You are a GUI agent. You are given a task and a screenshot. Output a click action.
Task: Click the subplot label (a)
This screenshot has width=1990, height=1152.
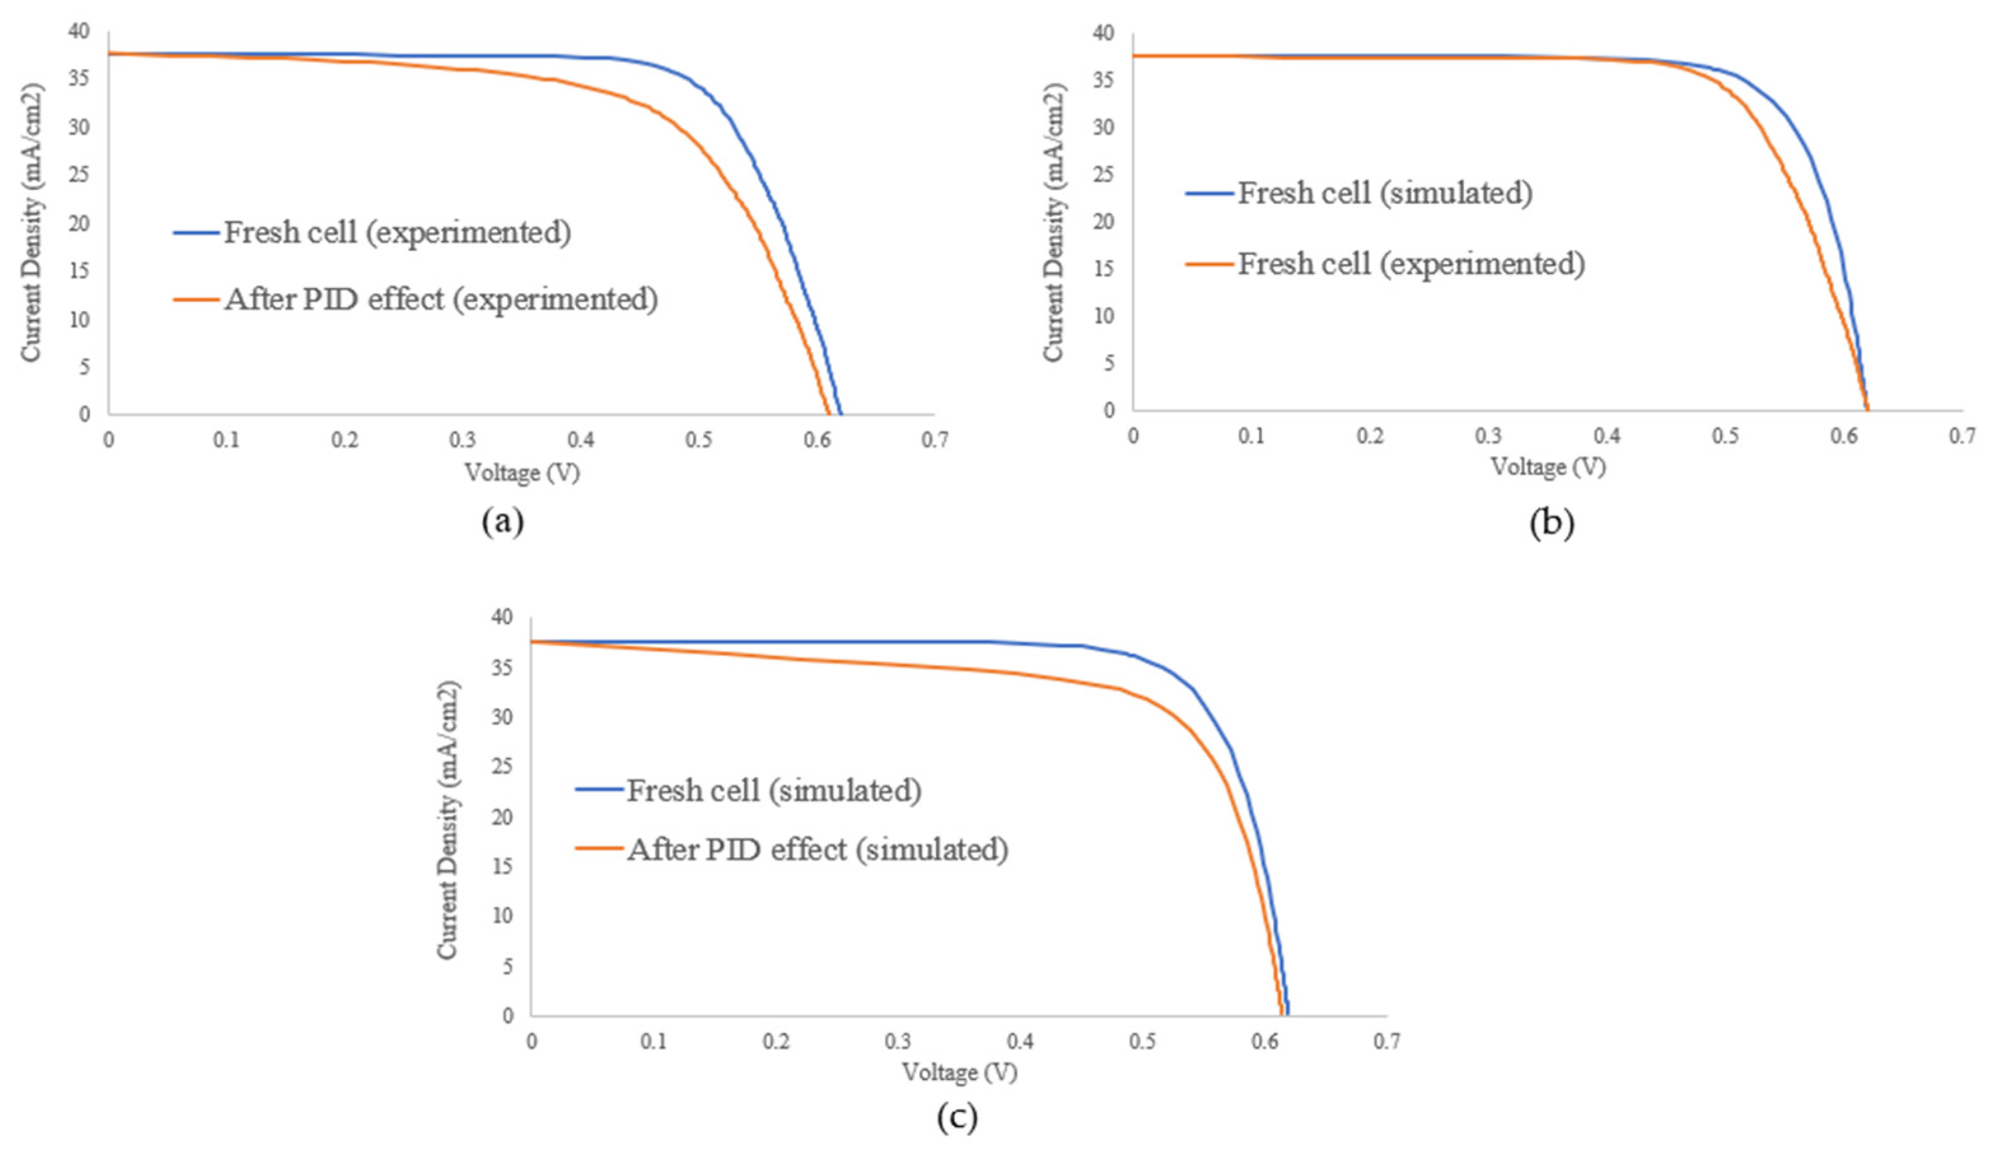coord(502,522)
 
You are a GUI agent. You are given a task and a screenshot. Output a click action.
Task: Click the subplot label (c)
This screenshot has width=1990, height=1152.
coord(957,1117)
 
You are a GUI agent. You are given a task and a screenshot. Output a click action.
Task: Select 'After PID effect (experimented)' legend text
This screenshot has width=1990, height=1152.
coord(441,299)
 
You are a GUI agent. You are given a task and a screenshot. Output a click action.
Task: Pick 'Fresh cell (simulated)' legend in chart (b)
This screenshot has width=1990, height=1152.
coord(1385,193)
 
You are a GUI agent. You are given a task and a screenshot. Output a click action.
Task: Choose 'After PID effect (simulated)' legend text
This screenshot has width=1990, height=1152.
coord(817,849)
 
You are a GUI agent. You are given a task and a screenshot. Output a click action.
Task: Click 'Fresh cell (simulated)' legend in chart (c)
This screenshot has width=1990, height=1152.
coord(774,790)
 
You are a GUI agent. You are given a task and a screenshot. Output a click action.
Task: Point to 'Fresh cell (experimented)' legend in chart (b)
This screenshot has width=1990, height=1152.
coord(1411,263)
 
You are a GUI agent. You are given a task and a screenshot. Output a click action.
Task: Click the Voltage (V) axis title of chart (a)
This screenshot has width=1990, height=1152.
coord(522,473)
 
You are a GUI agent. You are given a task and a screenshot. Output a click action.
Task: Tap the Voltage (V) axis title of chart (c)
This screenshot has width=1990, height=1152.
coord(960,1073)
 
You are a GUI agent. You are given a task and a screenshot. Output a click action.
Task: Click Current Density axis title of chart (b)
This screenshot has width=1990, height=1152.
coord(1054,223)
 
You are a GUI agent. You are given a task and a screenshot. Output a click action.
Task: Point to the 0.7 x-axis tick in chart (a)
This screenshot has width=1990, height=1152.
coord(934,439)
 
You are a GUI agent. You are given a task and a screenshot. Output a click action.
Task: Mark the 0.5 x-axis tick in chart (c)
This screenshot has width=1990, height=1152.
coord(1142,1041)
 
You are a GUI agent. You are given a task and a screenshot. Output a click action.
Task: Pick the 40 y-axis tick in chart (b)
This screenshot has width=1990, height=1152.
coord(1103,32)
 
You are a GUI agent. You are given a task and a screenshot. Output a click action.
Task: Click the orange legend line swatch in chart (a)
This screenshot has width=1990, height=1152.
coord(196,299)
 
